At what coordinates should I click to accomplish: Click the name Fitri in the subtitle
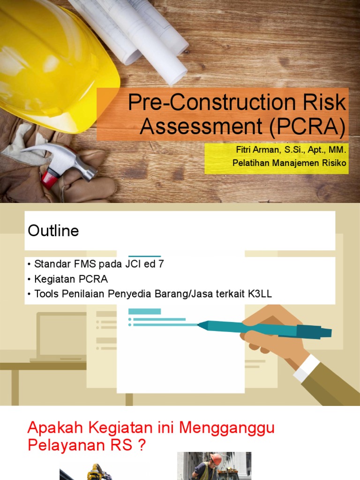[245, 150]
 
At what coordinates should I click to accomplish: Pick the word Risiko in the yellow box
[333, 163]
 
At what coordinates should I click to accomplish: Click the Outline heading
[53, 231]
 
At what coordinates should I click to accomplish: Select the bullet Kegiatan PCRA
[71, 279]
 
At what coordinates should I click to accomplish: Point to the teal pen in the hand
[262, 328]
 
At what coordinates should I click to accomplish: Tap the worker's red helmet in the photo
[216, 459]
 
